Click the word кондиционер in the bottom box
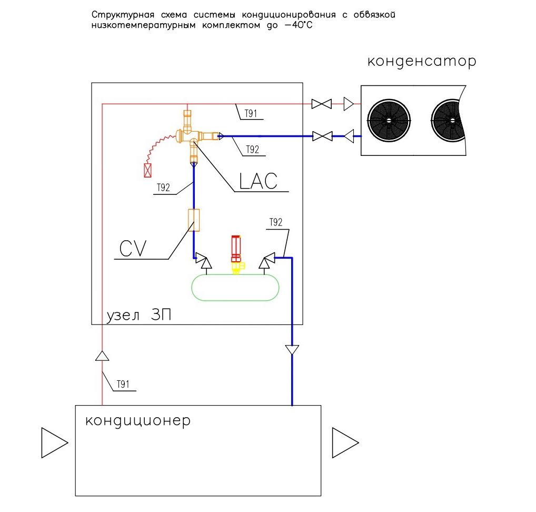tap(138, 421)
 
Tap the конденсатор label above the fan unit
tap(422, 62)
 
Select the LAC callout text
tap(258, 181)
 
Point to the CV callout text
tap(133, 249)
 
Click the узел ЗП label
tap(139, 315)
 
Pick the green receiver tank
tap(235, 288)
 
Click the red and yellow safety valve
tap(236, 254)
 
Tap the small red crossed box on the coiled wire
tap(147, 170)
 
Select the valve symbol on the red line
tap(322, 104)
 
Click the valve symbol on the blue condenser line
tap(322, 136)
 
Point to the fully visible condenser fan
tap(389, 121)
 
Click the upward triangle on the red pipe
tap(102, 356)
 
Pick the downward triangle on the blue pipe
tap(292, 350)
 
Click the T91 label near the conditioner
tap(123, 385)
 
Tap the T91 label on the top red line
tap(251, 114)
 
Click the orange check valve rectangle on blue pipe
tap(194, 220)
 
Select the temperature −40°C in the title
tap(298, 25)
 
